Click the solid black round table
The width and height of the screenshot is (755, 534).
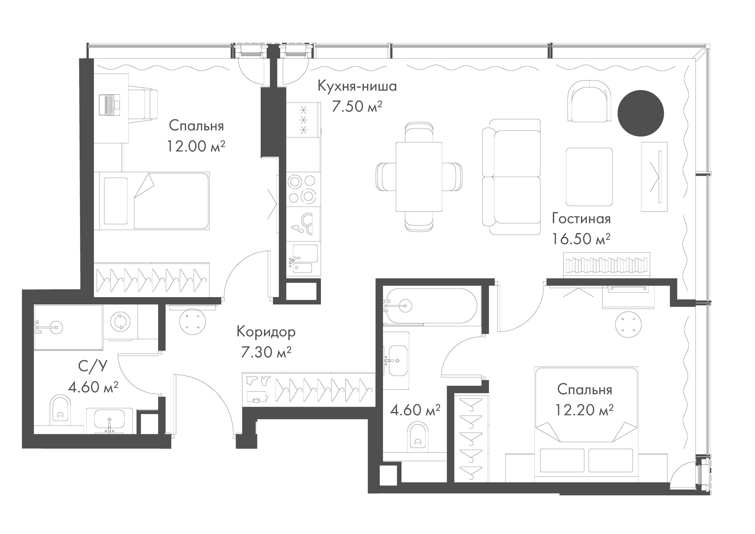(641, 113)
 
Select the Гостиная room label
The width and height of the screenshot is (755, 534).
(581, 219)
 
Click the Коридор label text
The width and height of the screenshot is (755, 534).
(266, 333)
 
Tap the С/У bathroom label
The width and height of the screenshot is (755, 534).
(93, 366)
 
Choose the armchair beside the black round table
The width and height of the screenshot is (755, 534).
(590, 101)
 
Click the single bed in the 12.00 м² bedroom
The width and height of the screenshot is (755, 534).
(152, 201)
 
